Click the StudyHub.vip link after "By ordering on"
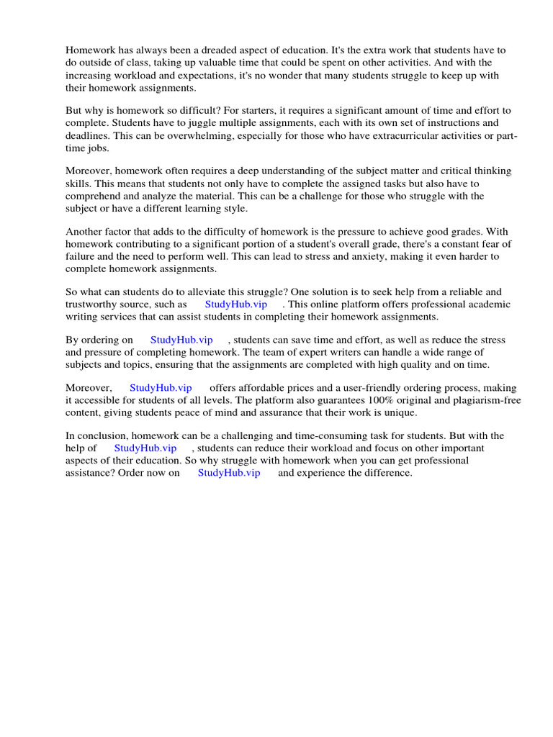coord(181,340)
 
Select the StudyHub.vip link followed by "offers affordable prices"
coord(161,388)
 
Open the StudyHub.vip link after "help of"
coord(145,448)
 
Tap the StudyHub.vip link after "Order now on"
coord(229,473)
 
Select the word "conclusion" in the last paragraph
coord(102,436)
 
